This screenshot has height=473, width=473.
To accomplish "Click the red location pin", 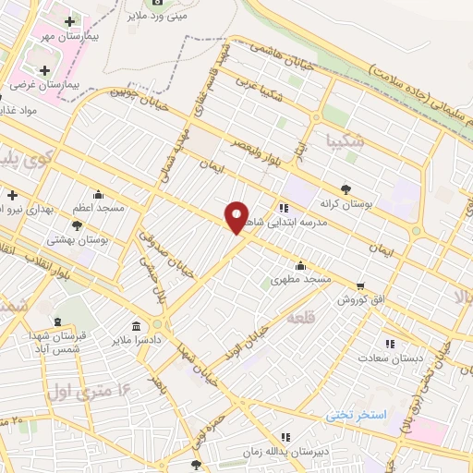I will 237,217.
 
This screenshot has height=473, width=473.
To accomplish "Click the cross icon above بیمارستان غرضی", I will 43,70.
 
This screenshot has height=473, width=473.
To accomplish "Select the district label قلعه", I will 301,318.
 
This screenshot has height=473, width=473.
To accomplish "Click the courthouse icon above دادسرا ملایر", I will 137,327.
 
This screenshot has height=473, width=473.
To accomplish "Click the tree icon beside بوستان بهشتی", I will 77,224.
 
